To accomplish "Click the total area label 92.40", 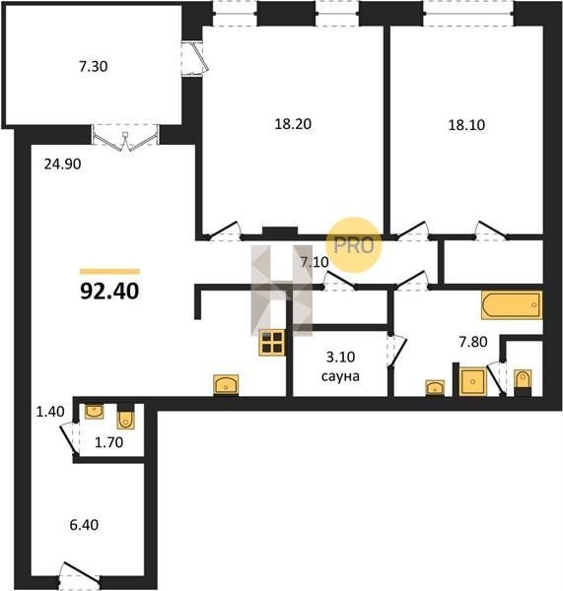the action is click(109, 291).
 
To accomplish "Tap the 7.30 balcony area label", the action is click(94, 66).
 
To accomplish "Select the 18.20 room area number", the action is click(293, 124).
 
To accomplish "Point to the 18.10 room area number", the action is click(466, 125).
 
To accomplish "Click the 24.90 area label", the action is click(62, 164).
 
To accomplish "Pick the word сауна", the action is click(340, 376).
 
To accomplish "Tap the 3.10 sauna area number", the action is click(340, 357).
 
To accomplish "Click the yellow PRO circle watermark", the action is click(354, 245).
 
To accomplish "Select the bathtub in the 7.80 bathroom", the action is click(512, 305).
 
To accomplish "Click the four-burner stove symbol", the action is click(272, 343).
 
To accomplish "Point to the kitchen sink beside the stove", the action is click(226, 384).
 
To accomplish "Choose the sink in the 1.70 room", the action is click(95, 411).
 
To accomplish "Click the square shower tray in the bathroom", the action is click(473, 381).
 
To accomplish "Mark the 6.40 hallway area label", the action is click(84, 525).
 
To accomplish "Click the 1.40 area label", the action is click(50, 412).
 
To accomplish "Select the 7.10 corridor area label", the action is click(315, 262).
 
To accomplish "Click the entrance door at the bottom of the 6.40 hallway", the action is click(79, 575).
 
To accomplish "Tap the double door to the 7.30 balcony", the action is click(125, 138).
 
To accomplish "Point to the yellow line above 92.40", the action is click(109, 272).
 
